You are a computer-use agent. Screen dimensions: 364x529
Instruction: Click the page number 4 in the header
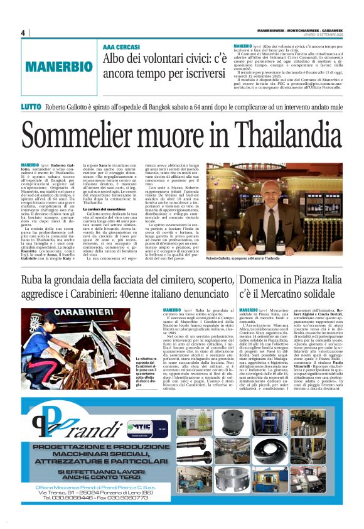(x=23, y=33)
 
